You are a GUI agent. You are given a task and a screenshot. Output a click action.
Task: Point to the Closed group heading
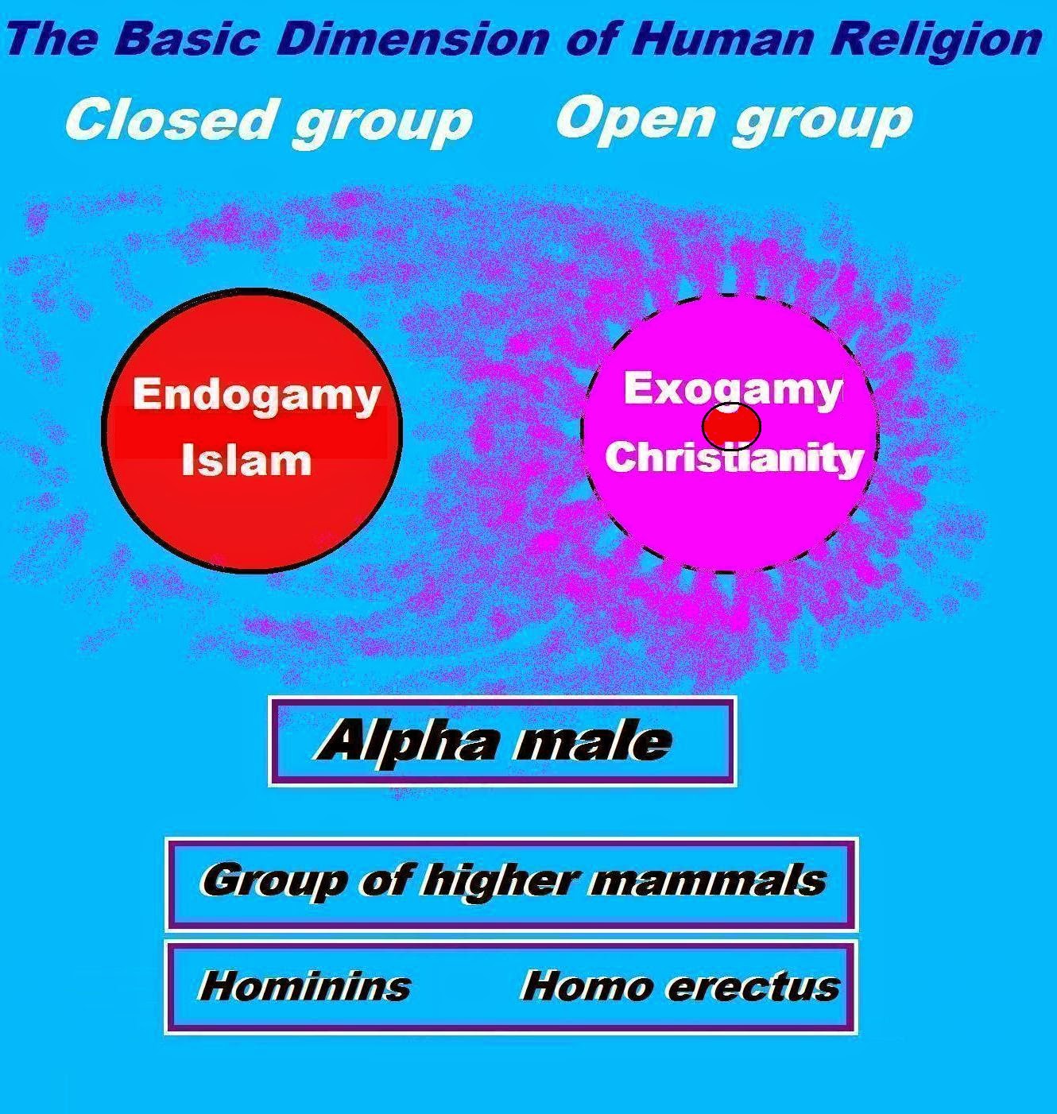(269, 121)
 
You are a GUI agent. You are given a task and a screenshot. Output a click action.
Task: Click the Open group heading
(734, 119)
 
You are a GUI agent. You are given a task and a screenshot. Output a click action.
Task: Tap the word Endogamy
(256, 395)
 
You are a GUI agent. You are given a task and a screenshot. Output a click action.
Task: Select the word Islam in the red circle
(246, 461)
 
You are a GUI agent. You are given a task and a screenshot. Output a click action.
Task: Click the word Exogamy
(732, 389)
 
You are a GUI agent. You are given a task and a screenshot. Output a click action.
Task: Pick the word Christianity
(734, 458)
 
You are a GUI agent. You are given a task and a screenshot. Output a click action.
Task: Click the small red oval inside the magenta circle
(731, 426)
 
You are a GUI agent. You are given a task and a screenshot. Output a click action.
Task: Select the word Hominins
(304, 986)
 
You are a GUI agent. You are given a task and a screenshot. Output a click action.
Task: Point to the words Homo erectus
(679, 986)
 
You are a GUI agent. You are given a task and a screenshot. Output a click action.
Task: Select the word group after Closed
(381, 123)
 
